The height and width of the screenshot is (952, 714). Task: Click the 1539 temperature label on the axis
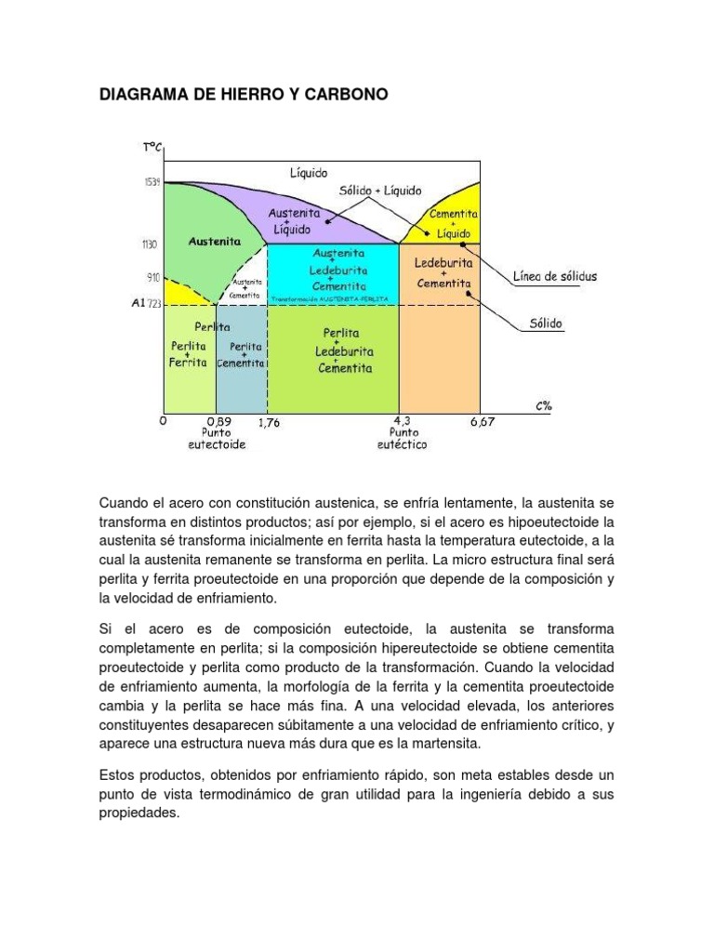[x=150, y=181]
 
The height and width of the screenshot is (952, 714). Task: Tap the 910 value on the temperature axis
[x=152, y=277]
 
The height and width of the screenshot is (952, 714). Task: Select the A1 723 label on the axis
[x=146, y=303]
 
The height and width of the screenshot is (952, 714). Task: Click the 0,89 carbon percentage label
[x=217, y=421]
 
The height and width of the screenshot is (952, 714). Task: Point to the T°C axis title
[x=153, y=146]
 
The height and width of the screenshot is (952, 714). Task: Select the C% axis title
[x=543, y=405]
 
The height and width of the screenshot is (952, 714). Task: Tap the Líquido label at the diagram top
[x=309, y=173]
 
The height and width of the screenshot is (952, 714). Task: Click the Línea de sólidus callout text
[x=556, y=276]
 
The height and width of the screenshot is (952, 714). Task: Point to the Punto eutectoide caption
[x=217, y=439]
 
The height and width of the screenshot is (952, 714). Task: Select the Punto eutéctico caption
[x=403, y=439]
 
